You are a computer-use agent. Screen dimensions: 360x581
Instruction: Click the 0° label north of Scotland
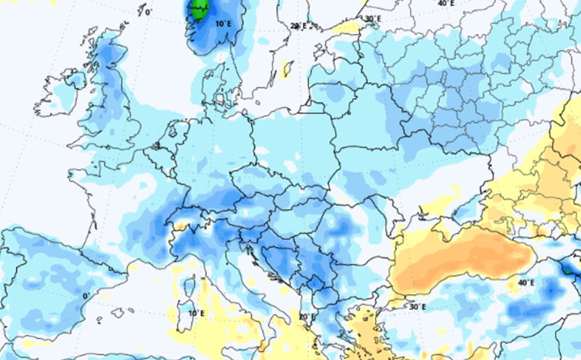(148, 12)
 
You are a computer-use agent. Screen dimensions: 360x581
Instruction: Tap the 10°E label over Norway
(223, 24)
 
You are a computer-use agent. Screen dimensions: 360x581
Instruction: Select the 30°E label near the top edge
(372, 19)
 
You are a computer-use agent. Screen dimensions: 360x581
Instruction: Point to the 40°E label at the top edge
(446, 4)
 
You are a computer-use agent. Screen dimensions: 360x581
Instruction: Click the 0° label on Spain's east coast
(86, 295)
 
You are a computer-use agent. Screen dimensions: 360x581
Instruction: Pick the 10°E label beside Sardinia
(197, 312)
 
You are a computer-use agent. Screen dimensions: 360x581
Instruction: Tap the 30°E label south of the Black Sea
(417, 307)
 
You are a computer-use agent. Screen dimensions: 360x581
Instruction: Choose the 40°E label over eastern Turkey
(526, 283)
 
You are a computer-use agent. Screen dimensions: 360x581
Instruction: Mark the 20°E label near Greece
(307, 317)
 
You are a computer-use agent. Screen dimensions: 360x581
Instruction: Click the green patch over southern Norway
(200, 11)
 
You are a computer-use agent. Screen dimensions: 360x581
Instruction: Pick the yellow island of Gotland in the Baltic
(288, 70)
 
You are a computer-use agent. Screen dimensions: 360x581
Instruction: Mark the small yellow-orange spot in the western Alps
(180, 225)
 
